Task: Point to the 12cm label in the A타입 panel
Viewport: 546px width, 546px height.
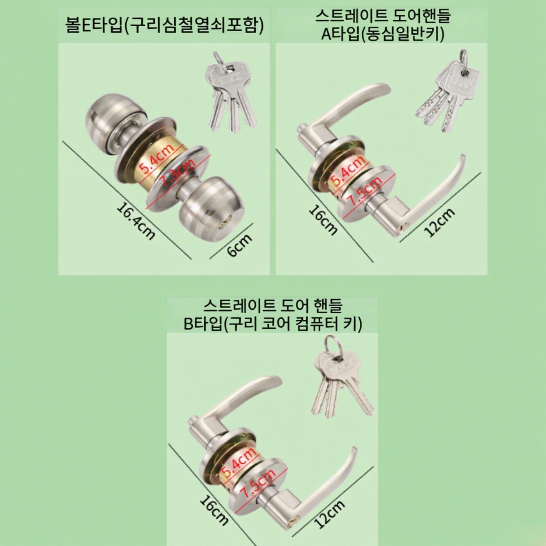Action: pos(439,222)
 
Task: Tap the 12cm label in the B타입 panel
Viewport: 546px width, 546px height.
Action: pos(329,514)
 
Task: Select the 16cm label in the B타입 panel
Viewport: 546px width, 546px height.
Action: pos(214,510)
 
